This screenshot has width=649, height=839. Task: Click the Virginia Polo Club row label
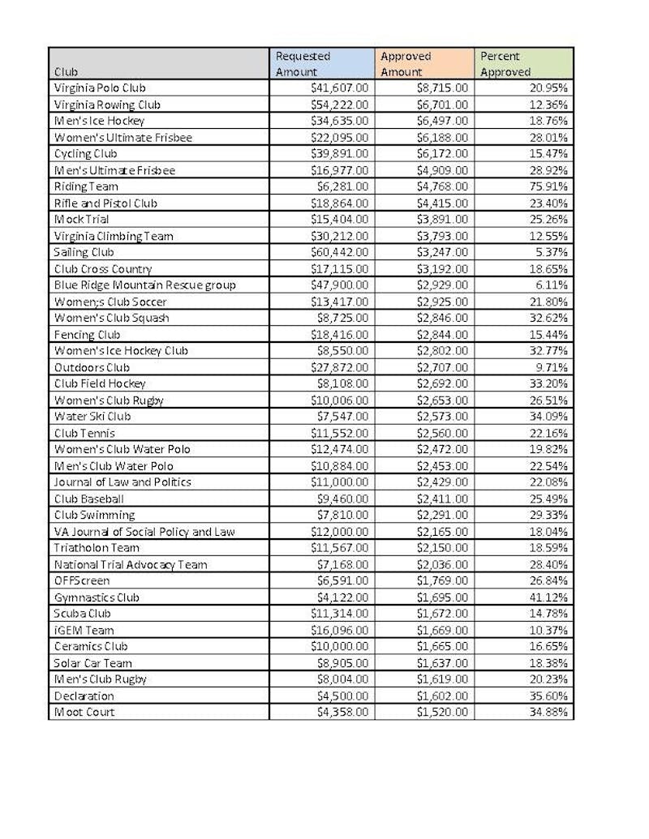[100, 88]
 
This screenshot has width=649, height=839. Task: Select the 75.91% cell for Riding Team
[548, 186]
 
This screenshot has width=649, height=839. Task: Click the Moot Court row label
[84, 712]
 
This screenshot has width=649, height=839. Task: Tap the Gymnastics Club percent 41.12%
[548, 597]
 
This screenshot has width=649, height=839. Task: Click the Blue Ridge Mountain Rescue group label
[145, 285]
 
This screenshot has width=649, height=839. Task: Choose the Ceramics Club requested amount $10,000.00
[339, 646]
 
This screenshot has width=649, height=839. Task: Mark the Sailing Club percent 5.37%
[552, 252]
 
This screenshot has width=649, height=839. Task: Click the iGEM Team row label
[84, 630]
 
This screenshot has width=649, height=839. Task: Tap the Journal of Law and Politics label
[122, 482]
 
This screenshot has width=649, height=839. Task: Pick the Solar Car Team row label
[92, 662]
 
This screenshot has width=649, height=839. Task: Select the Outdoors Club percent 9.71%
[552, 366]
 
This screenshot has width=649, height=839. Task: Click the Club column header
[66, 71]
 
